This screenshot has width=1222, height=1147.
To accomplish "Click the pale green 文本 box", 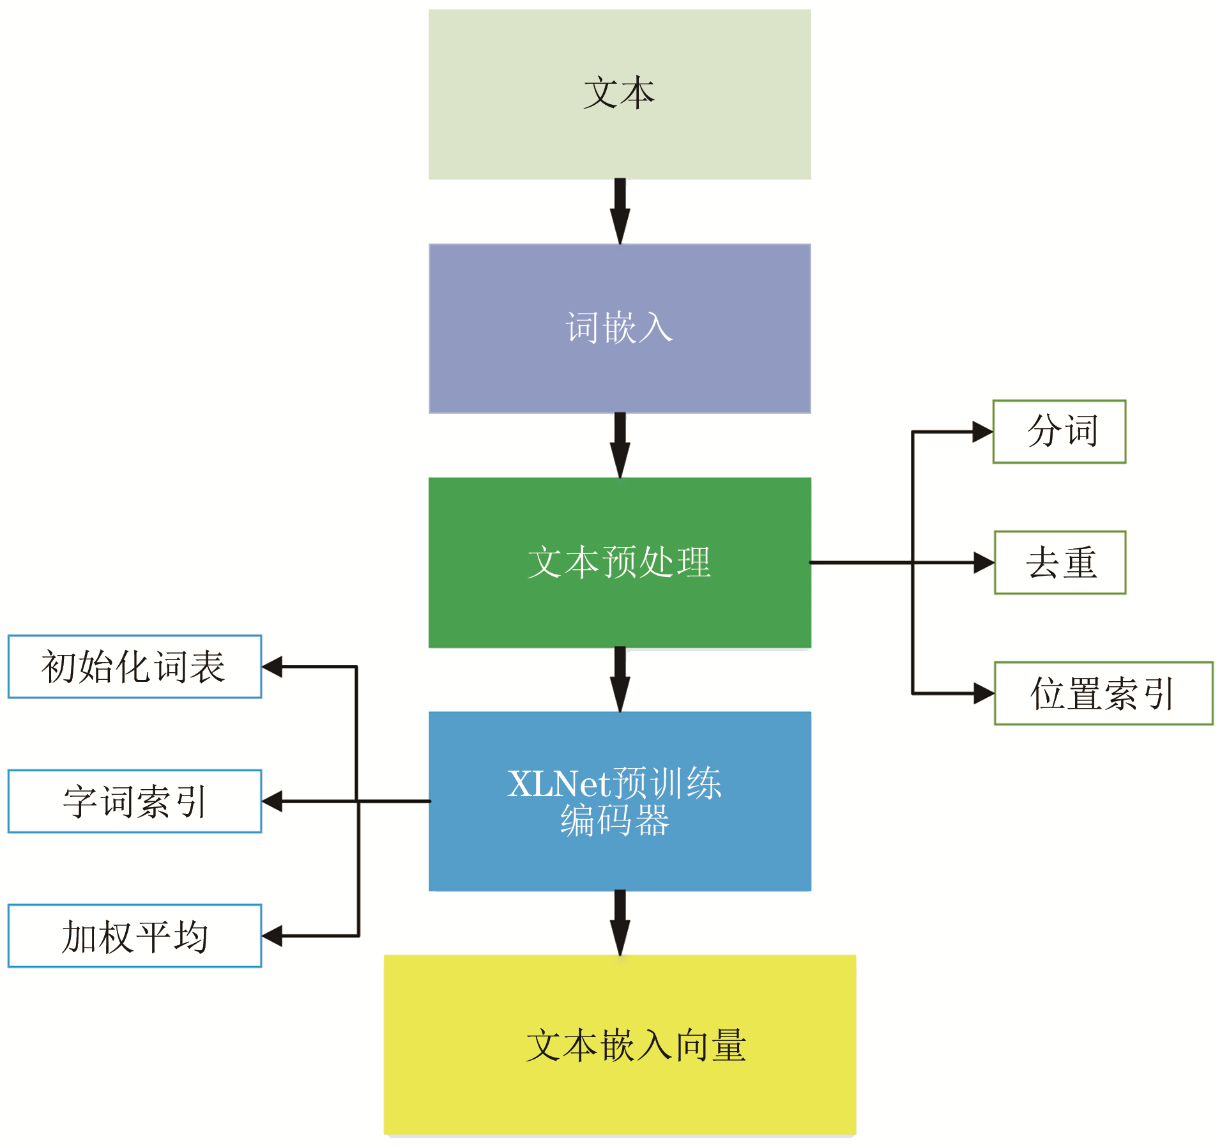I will pyautogui.click(x=620, y=94).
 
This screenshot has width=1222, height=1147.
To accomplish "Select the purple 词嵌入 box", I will pyautogui.click(x=620, y=328).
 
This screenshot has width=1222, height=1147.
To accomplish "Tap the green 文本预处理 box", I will pyautogui.click(x=620, y=562).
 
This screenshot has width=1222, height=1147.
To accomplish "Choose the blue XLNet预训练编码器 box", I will pyautogui.click(x=620, y=801).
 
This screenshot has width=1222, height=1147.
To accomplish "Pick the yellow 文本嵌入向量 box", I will pyautogui.click(x=620, y=1045).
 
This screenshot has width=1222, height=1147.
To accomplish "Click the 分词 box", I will pyautogui.click(x=1059, y=432).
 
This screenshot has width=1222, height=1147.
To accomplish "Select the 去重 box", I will pyautogui.click(x=1060, y=563).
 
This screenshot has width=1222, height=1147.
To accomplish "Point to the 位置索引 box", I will pyautogui.click(x=1103, y=693).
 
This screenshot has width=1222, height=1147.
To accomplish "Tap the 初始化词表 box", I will pyautogui.click(x=135, y=666).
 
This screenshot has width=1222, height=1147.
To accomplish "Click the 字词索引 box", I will pyautogui.click(x=135, y=801).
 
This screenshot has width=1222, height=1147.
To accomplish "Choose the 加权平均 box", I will pyautogui.click(x=135, y=936).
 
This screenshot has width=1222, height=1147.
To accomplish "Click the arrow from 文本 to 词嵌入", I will pyautogui.click(x=620, y=211).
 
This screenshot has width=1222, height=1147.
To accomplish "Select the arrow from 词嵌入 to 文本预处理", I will pyautogui.click(x=620, y=445).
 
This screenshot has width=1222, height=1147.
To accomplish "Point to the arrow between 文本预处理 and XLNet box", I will pyautogui.click(x=620, y=679).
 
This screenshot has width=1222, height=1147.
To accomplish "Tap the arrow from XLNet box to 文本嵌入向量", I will pyautogui.click(x=620, y=923).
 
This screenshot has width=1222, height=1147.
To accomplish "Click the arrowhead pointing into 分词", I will pyautogui.click(x=982, y=432).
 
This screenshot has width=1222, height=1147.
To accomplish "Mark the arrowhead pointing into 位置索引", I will pyautogui.click(x=984, y=693).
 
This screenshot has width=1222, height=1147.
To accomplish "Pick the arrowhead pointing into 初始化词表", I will pyautogui.click(x=273, y=666).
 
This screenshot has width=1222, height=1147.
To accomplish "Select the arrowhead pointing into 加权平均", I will pyautogui.click(x=273, y=936).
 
